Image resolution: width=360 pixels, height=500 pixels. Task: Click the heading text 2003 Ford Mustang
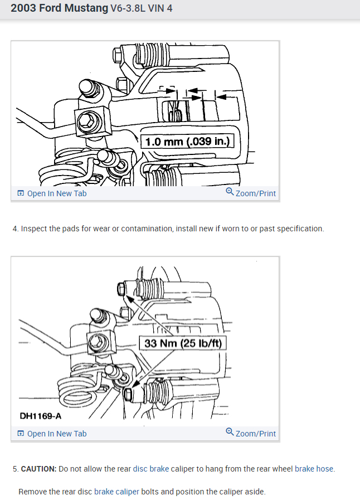(x=59, y=8)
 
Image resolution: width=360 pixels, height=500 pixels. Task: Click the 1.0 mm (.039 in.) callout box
(x=187, y=141)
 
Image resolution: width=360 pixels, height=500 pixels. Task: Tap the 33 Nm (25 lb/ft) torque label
(x=183, y=343)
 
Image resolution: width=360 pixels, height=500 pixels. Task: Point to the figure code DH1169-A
(x=41, y=416)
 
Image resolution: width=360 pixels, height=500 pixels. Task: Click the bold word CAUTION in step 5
(x=38, y=469)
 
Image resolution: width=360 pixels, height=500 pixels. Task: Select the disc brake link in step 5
(x=151, y=469)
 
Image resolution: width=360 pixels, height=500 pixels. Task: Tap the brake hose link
(x=314, y=469)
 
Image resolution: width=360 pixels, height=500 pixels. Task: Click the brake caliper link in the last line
(x=116, y=492)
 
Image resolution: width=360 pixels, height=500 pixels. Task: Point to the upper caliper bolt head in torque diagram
(x=121, y=289)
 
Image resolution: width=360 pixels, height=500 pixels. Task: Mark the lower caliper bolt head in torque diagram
(x=127, y=394)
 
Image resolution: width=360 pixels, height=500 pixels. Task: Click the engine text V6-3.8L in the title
(x=128, y=8)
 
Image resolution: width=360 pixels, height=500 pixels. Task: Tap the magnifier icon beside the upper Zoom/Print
(x=230, y=191)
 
